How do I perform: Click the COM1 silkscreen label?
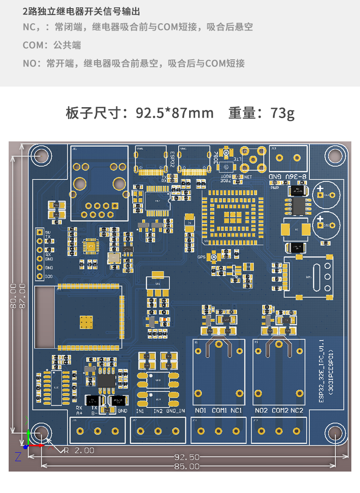coord(219,410)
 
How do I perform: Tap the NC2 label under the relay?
coord(297,410)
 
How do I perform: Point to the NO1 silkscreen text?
coord(201,410)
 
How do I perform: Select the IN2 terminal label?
coord(158,411)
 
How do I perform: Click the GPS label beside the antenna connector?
coord(201,257)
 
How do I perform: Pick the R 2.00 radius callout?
coord(79,450)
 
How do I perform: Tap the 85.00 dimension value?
coord(187,466)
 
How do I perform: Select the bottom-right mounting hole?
coord(335,433)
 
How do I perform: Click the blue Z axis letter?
coord(18,457)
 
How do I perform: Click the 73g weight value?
coord(282,113)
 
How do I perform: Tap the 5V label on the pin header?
coord(48,232)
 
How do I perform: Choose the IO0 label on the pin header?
coord(49,276)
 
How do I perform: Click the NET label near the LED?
coord(248,176)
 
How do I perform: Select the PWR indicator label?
coord(274,187)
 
